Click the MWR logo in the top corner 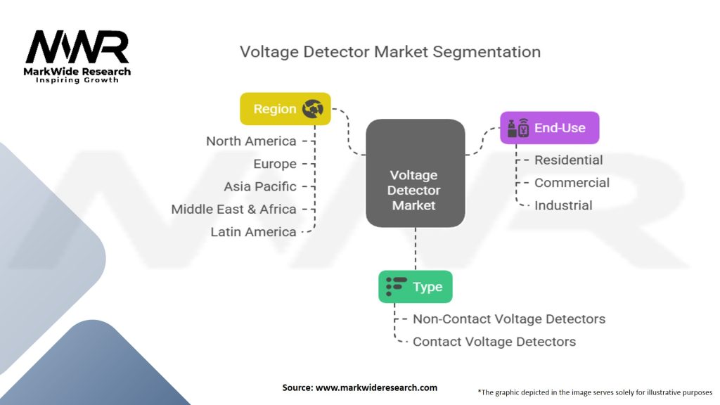pyautogui.click(x=77, y=49)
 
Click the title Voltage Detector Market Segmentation pyautogui.click(x=390, y=52)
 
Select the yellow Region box pyautogui.click(x=285, y=109)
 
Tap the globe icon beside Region pyautogui.click(x=312, y=109)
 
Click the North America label pyautogui.click(x=251, y=141)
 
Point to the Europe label pyautogui.click(x=275, y=164)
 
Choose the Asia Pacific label pyautogui.click(x=260, y=186)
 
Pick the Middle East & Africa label pyautogui.click(x=233, y=209)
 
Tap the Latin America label pyautogui.click(x=253, y=232)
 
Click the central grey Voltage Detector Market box pyautogui.click(x=415, y=174)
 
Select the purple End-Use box pyautogui.click(x=549, y=128)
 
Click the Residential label pyautogui.click(x=568, y=160)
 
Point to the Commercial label pyautogui.click(x=572, y=183)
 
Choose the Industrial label pyautogui.click(x=563, y=205)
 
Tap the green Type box pyautogui.click(x=415, y=286)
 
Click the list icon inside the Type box pyautogui.click(x=397, y=286)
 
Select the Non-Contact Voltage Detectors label pyautogui.click(x=508, y=319)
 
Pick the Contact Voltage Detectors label pyautogui.click(x=494, y=342)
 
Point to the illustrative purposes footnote pyautogui.click(x=595, y=392)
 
